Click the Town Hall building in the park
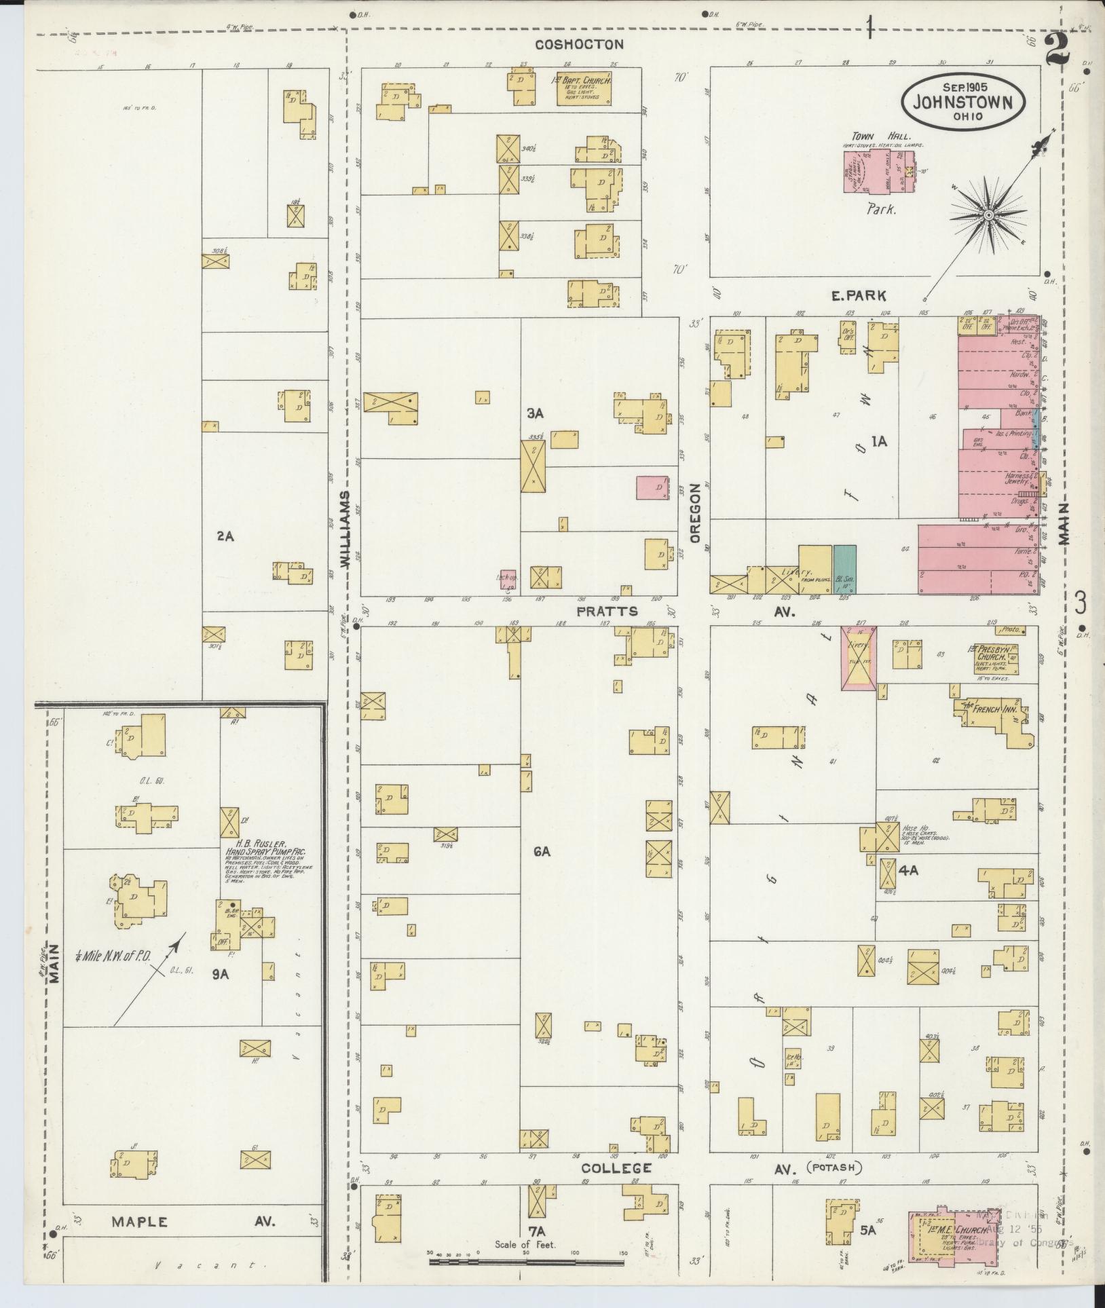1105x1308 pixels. click(x=876, y=172)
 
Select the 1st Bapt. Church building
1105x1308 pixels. click(x=584, y=89)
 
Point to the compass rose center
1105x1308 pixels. click(x=989, y=215)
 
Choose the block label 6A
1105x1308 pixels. click(x=541, y=851)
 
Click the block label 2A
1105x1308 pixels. click(x=225, y=536)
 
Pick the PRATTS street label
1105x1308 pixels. click(x=607, y=611)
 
